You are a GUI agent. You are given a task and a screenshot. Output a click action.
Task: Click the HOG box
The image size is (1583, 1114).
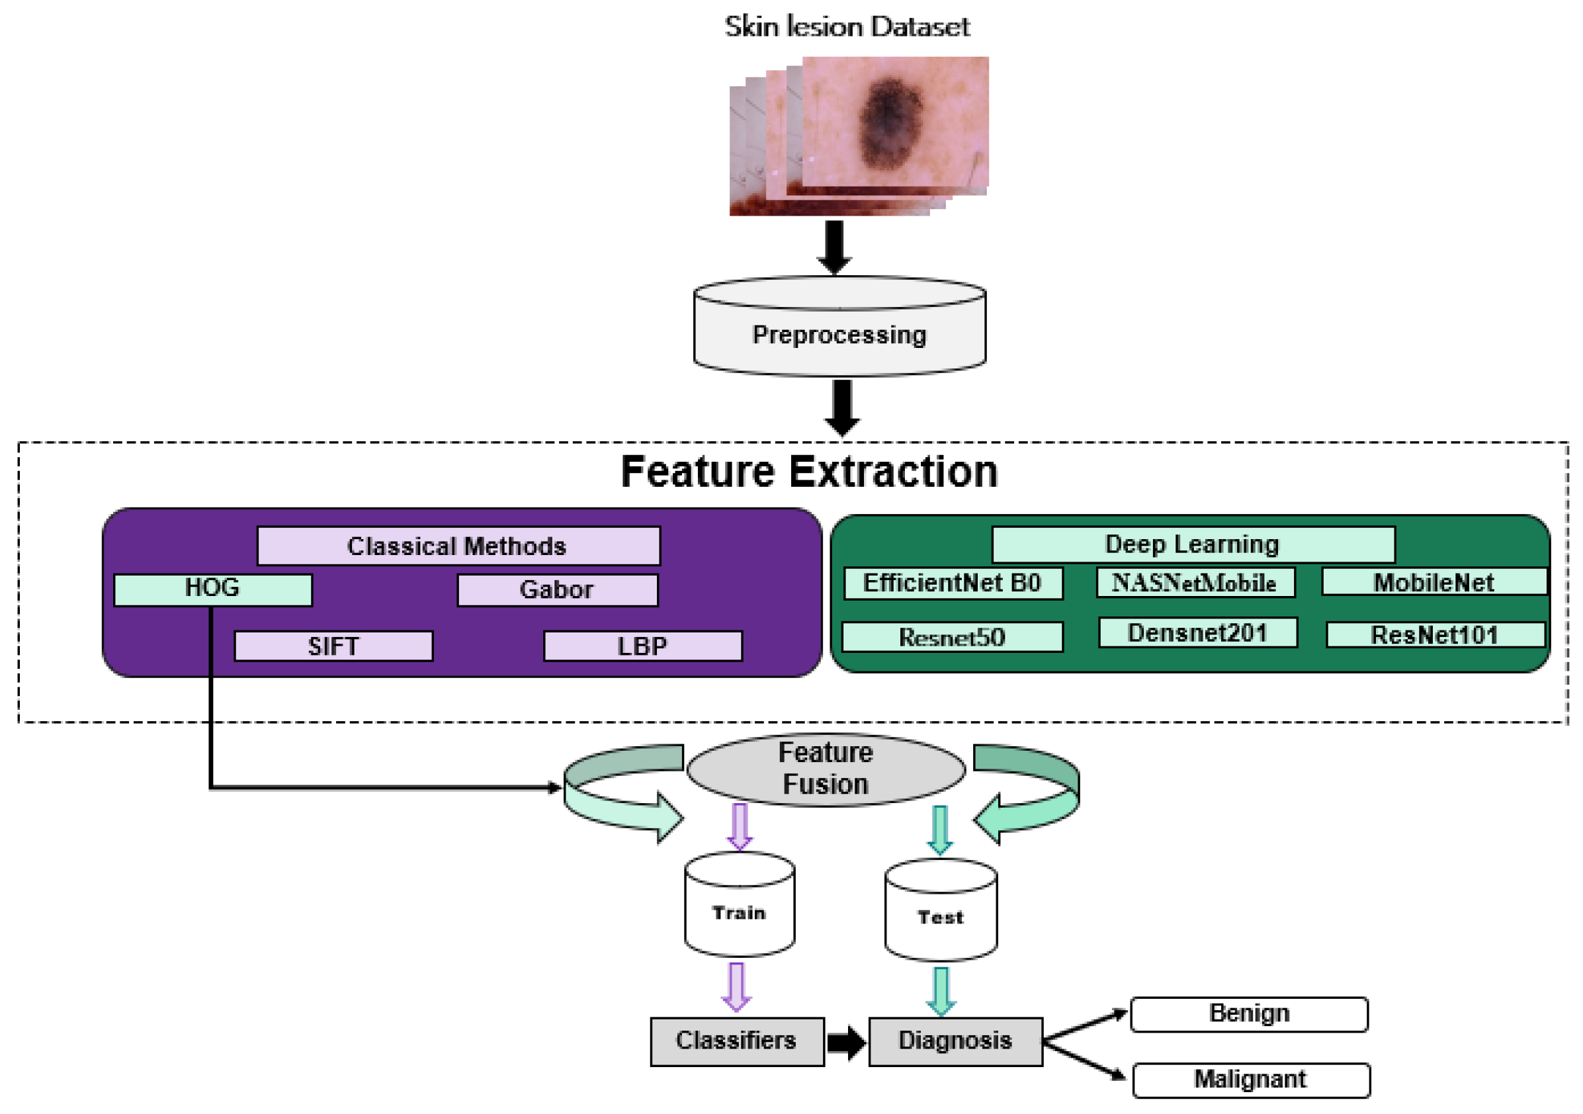click(212, 590)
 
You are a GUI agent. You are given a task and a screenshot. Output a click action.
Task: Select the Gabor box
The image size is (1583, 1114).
click(557, 590)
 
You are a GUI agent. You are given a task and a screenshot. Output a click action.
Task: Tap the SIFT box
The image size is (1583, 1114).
click(333, 646)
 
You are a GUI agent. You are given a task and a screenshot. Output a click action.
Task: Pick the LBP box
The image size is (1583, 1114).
click(642, 646)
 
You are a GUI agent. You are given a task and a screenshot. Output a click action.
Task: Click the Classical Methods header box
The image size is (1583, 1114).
click(458, 546)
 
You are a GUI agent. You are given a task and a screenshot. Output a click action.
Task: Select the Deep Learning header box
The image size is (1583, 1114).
click(1193, 544)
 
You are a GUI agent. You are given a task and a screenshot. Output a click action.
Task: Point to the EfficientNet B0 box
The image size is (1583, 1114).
click(953, 583)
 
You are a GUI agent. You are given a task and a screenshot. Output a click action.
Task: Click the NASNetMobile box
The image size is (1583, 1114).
click(1195, 583)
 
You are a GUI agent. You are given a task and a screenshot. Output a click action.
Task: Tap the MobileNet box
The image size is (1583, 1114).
click(1434, 583)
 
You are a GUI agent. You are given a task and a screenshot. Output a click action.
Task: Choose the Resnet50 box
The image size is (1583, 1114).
click(952, 637)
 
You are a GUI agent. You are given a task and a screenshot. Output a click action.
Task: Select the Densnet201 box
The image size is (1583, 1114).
click(1197, 633)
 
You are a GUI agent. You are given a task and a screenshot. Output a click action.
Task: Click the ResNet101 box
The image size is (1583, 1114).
click(1435, 635)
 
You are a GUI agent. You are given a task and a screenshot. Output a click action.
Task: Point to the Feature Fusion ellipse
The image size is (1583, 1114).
click(826, 769)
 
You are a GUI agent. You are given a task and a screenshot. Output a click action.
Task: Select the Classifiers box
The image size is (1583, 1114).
click(736, 1041)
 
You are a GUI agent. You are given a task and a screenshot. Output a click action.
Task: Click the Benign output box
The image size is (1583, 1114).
click(1249, 1014)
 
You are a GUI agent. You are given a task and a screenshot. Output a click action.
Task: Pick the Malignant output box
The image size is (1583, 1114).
click(1251, 1080)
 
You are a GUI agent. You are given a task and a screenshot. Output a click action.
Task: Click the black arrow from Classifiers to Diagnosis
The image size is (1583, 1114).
click(846, 1042)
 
